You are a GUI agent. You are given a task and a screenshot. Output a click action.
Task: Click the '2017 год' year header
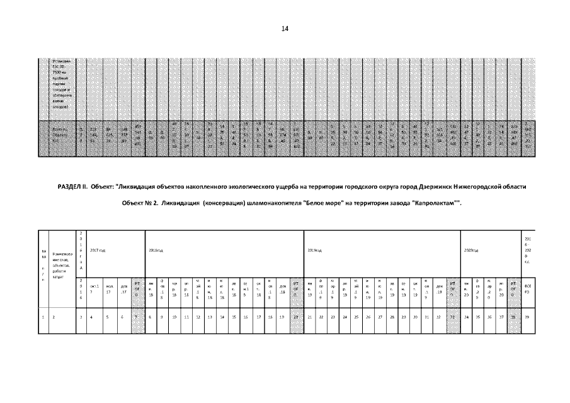(x=97, y=251)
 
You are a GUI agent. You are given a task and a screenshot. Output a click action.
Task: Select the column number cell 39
(x=528, y=318)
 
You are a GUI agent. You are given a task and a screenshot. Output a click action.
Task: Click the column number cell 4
(x=92, y=318)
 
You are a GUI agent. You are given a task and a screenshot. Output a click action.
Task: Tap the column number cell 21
(x=310, y=318)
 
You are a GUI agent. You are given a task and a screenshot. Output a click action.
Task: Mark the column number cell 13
(x=209, y=318)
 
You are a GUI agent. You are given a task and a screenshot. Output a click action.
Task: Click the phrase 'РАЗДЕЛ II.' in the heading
(x=72, y=187)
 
